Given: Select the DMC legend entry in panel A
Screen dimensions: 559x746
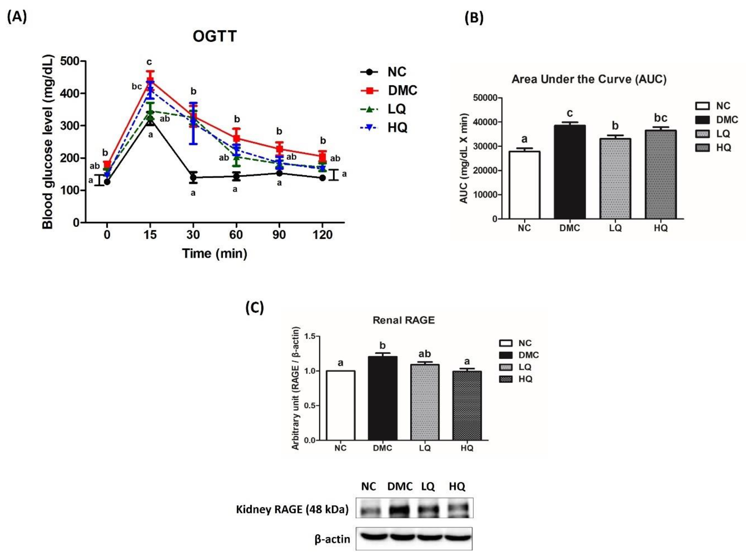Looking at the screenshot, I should [402, 90].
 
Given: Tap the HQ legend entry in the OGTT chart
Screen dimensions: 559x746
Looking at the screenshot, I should [397, 127].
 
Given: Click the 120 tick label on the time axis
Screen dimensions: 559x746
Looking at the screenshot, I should [323, 235].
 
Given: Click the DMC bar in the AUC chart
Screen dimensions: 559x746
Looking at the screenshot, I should [570, 172].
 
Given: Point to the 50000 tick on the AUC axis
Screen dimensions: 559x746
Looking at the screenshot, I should [486, 98].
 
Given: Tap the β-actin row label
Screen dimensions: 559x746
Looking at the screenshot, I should [332, 539].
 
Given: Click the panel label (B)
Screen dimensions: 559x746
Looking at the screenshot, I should [474, 17].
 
